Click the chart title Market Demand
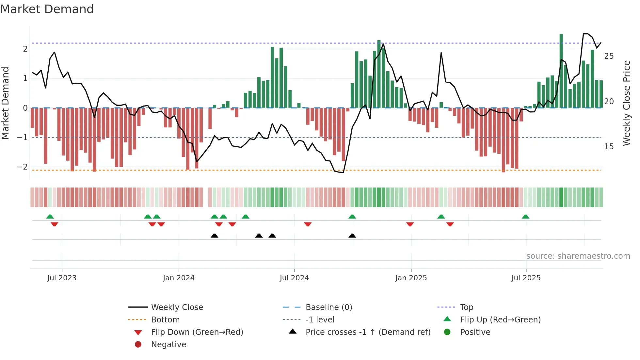[x=47, y=9]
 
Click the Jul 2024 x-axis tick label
[x=294, y=278]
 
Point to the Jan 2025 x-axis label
[x=411, y=278]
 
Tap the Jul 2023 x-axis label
[x=62, y=278]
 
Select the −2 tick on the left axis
[x=22, y=167]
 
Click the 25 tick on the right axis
[x=609, y=56]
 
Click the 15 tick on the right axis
[x=609, y=147]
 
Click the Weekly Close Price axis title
[x=626, y=103]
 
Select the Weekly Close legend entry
[x=177, y=307]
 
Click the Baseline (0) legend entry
[x=328, y=307]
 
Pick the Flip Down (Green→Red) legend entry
[x=197, y=332]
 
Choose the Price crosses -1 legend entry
[x=368, y=332]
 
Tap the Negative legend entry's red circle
[x=138, y=344]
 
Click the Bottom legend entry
[x=165, y=319]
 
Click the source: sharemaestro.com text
[x=578, y=256]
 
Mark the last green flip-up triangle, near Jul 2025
[x=525, y=217]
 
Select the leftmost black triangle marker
[x=215, y=236]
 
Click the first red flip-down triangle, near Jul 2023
[x=55, y=224]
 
